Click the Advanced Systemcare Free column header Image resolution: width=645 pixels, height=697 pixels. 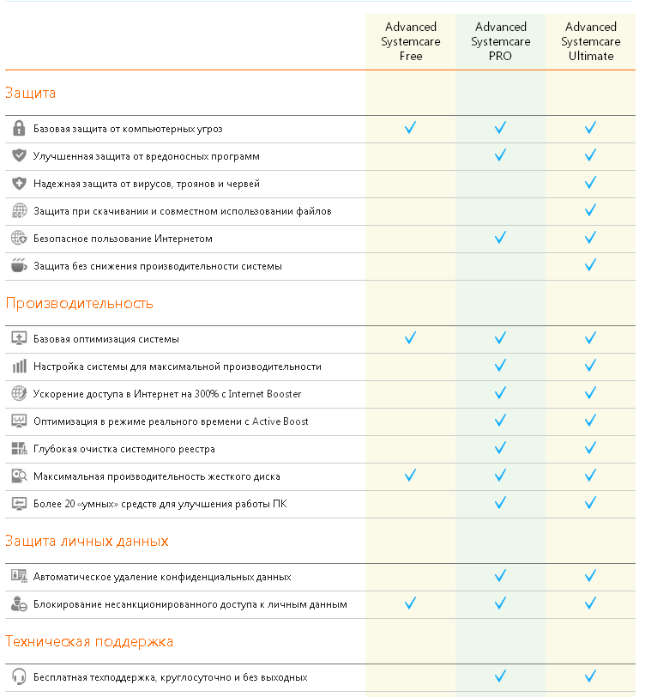pos(411,41)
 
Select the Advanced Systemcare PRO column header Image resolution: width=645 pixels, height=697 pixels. pos(501,41)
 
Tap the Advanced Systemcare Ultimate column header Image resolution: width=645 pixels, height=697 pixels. pos(591,41)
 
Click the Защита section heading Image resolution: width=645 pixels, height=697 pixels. pos(31,93)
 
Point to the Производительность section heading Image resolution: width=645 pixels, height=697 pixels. pos(79,303)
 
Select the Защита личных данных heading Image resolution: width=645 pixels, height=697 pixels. pos(87,541)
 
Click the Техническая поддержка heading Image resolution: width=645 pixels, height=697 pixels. pos(89,641)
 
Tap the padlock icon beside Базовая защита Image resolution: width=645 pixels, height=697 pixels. pos(19,129)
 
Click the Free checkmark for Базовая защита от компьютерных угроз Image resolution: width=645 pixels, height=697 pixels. pos(411,128)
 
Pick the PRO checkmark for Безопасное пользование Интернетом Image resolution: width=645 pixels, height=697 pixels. pos(501,238)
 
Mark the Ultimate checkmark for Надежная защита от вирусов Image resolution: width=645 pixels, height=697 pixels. pos(590,183)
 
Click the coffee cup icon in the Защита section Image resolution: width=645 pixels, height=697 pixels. pos(19,266)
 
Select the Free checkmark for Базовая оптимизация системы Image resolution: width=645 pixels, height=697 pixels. pos(411,338)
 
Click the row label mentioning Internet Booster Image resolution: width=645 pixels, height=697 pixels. pos(167,394)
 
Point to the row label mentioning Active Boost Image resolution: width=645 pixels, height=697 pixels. pos(171,421)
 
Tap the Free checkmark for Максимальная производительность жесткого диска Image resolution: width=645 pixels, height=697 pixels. pos(411,476)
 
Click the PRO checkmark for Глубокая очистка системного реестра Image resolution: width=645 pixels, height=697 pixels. pos(501,448)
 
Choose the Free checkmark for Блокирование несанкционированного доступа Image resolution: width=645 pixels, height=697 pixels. pos(411,603)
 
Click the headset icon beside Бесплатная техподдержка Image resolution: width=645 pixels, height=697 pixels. pos(19,677)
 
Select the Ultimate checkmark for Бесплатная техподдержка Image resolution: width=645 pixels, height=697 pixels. pos(590,676)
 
